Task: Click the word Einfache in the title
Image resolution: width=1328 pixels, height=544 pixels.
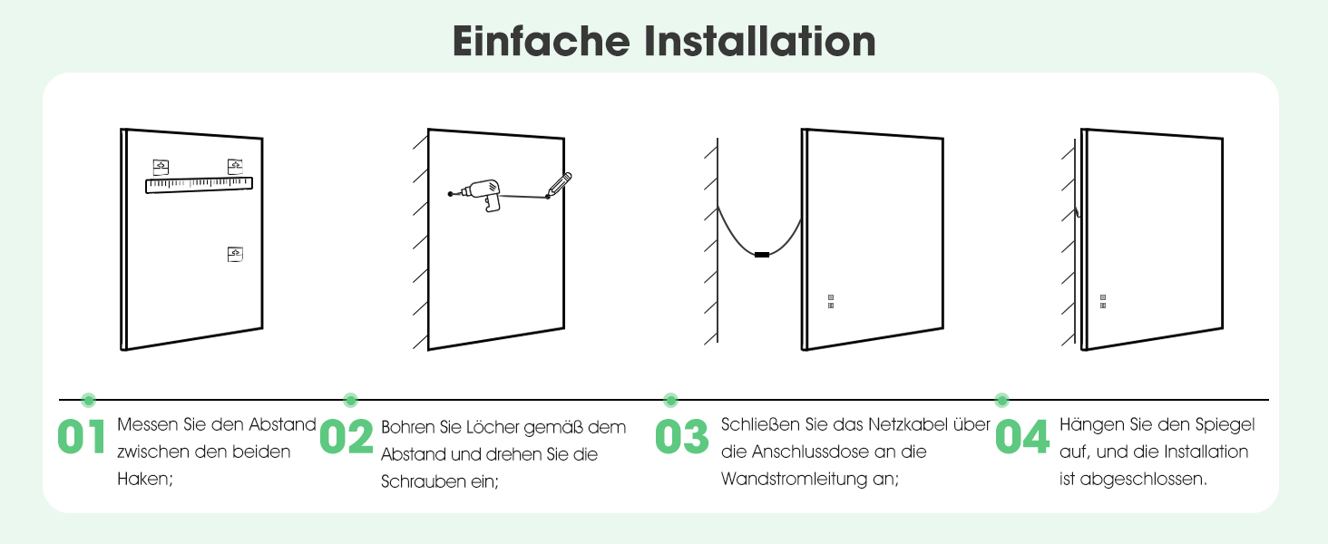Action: pos(541,41)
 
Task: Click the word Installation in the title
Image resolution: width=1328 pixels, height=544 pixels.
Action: pos(760,41)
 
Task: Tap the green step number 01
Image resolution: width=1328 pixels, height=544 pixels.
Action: pos(82,437)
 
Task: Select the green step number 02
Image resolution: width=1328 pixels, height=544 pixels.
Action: pos(347,437)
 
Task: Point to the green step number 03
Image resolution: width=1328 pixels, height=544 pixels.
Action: pos(682,437)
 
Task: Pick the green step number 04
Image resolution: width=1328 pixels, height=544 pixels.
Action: pos(1022,437)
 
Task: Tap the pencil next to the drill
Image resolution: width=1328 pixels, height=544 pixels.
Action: pos(559,186)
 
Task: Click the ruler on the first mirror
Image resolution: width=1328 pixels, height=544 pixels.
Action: pos(200,185)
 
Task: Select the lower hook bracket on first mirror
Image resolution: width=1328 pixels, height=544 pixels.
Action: pos(235,254)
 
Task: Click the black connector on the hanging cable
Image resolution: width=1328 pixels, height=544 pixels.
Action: pos(762,255)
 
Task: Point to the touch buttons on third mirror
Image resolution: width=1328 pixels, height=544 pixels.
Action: pos(831,302)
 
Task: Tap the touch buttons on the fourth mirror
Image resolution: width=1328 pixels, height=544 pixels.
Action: pos(1103,302)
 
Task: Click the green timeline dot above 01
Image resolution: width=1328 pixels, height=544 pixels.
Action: pos(88,400)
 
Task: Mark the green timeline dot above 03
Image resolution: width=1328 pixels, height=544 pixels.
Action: pos(670,400)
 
